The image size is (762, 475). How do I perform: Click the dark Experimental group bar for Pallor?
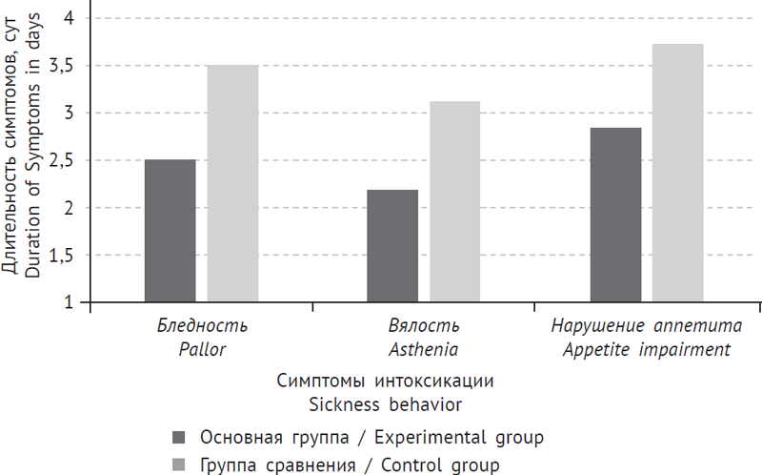[x=170, y=231]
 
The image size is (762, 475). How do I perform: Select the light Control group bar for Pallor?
[x=232, y=183]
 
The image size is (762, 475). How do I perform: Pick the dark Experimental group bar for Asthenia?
[x=392, y=246]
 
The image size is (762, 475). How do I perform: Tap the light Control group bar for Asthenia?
[x=454, y=202]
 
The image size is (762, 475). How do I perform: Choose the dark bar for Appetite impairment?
[x=615, y=215]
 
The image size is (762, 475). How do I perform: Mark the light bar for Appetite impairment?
[x=677, y=173]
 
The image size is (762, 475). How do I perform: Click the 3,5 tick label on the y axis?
[x=64, y=66]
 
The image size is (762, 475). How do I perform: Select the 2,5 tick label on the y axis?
[x=64, y=160]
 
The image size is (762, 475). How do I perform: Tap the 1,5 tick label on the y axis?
[x=64, y=256]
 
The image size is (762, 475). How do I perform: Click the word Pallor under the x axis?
[x=202, y=349]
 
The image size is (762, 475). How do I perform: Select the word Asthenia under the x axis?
[x=424, y=349]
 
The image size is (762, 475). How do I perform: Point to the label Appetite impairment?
[x=646, y=349]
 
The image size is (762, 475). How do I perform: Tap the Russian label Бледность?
[x=202, y=326]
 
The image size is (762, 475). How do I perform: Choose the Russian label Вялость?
[x=424, y=326]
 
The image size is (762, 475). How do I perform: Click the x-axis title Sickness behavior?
[x=386, y=403]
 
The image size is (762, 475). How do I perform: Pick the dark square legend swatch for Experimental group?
[x=179, y=438]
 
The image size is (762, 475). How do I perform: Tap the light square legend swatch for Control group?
[x=179, y=465]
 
